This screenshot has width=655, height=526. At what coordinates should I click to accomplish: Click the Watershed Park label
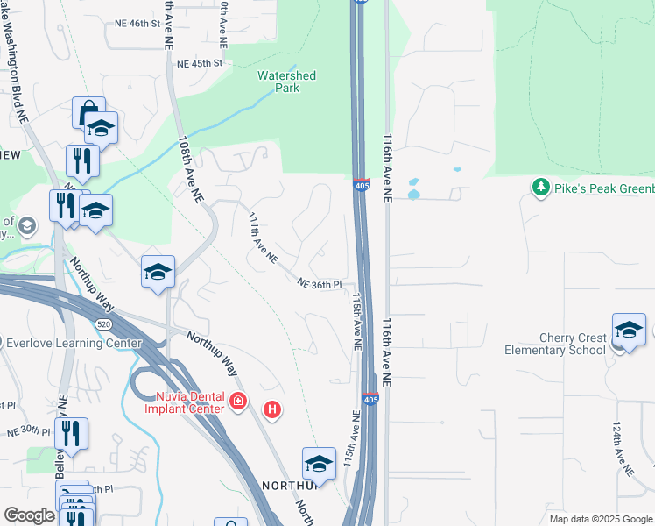(286, 82)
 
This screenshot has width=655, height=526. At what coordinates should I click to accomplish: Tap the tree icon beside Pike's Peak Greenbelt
(541, 187)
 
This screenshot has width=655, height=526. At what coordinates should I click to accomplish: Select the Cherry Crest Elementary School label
(554, 344)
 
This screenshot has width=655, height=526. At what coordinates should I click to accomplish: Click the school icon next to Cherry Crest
(629, 330)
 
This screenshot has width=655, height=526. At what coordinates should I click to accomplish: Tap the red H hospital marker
(273, 409)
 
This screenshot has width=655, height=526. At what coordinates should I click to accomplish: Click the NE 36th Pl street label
(319, 284)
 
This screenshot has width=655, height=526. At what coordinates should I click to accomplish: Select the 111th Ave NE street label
(263, 238)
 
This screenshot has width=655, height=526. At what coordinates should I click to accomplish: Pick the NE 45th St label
(200, 64)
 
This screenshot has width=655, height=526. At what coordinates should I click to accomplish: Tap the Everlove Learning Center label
(74, 343)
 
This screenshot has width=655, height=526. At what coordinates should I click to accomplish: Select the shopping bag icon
(88, 113)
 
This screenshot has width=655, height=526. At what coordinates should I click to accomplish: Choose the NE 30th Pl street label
(29, 431)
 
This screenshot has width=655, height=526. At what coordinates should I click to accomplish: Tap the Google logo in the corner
(29, 515)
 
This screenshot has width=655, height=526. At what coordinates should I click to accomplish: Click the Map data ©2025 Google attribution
(600, 519)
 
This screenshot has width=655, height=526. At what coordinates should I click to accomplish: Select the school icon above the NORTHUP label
(319, 464)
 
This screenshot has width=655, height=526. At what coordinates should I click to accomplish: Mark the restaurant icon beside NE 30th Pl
(71, 434)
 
